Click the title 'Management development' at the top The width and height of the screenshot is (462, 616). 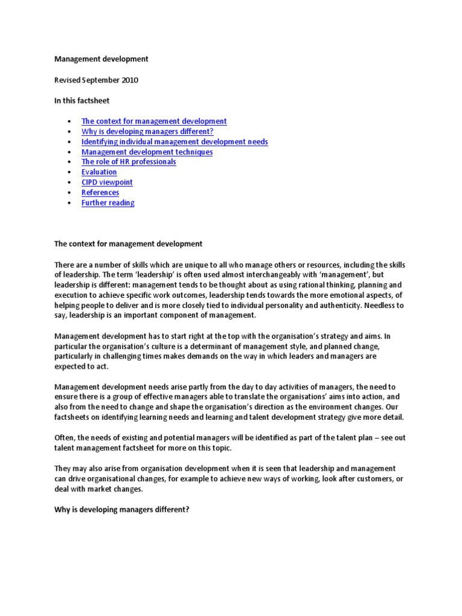click(x=101, y=59)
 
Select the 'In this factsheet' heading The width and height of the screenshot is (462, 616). click(x=82, y=100)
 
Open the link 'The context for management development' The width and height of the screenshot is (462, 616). click(x=154, y=121)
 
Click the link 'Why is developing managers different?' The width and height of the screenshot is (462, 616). click(x=147, y=131)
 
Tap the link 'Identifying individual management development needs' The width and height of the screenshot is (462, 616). click(x=174, y=141)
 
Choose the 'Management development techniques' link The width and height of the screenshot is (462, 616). click(x=147, y=152)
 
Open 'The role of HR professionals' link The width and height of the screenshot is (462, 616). click(x=129, y=162)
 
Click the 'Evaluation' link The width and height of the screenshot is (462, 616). click(x=99, y=172)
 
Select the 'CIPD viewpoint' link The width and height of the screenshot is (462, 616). click(x=107, y=182)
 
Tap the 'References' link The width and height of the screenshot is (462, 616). click(x=100, y=192)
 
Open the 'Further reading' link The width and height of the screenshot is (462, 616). click(x=108, y=203)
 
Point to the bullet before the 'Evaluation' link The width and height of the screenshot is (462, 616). click(x=71, y=173)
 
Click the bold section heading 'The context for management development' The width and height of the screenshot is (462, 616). click(x=129, y=244)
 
